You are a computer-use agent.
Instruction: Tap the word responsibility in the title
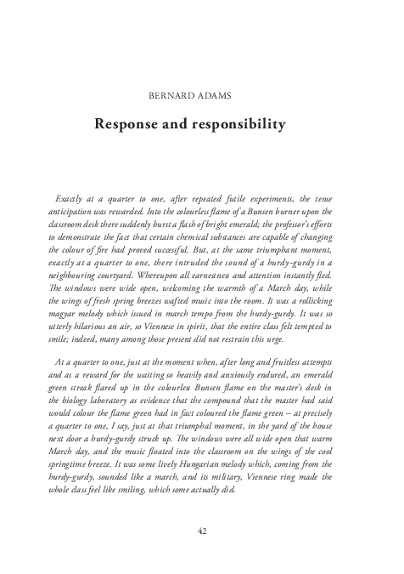point(243,125)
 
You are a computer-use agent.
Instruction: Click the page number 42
point(202,531)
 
